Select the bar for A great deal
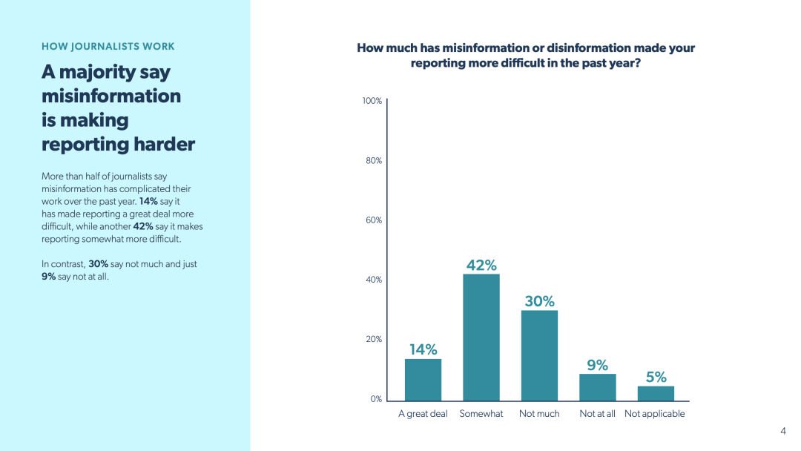coord(423,380)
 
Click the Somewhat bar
coord(481,338)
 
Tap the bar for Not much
coord(539,355)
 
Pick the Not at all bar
coord(598,387)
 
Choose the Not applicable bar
coord(656,393)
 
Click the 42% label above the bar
coord(481,265)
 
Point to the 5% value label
coord(656,377)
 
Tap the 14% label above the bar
coord(423,349)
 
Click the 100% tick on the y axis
coord(372,101)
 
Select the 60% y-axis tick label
coord(374,220)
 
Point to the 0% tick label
coord(376,399)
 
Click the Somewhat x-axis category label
coord(481,414)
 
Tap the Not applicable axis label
coord(654,414)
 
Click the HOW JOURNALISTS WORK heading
coord(108,47)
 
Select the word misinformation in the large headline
coord(111,96)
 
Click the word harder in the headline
coord(165,144)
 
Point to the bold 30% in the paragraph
coord(98,264)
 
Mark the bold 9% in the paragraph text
coord(48,277)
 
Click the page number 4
coord(783,431)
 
